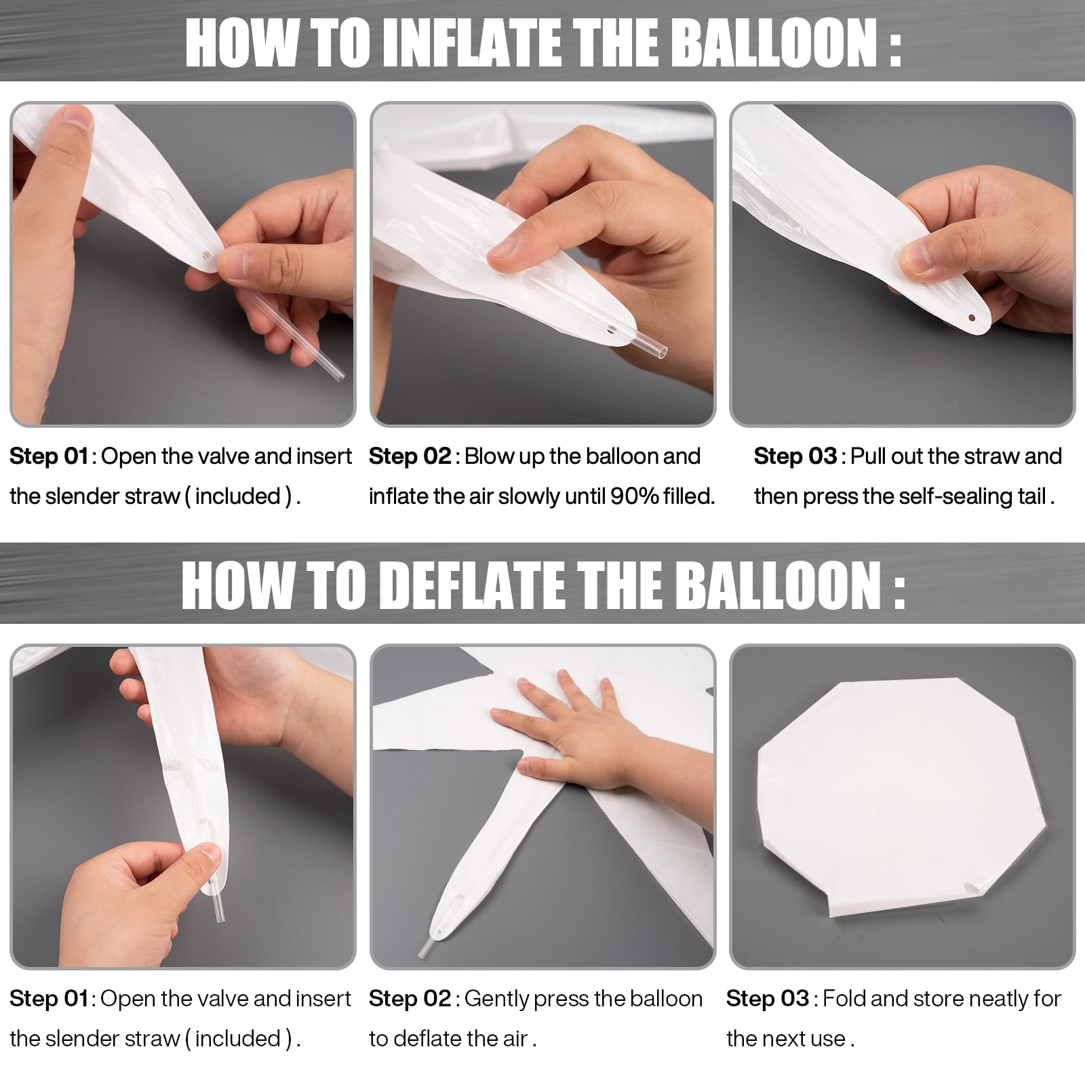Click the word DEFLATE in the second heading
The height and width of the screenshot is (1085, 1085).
[471, 585]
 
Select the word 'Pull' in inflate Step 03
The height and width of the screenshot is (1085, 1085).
[869, 456]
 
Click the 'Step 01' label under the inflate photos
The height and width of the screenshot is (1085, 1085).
[49, 456]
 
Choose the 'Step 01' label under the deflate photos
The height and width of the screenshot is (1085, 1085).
[49, 998]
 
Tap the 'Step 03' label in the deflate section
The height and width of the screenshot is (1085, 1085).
[767, 998]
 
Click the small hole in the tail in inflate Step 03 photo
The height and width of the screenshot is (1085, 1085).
[972, 317]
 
